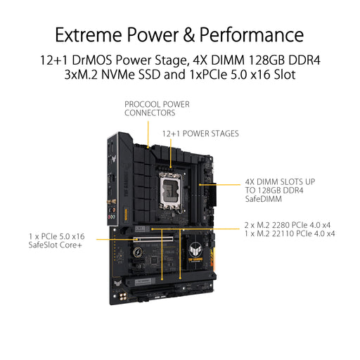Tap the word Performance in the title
[251, 34]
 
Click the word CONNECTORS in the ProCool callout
[150, 112]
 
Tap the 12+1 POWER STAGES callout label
[200, 133]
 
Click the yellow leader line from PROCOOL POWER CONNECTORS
[148, 130]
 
